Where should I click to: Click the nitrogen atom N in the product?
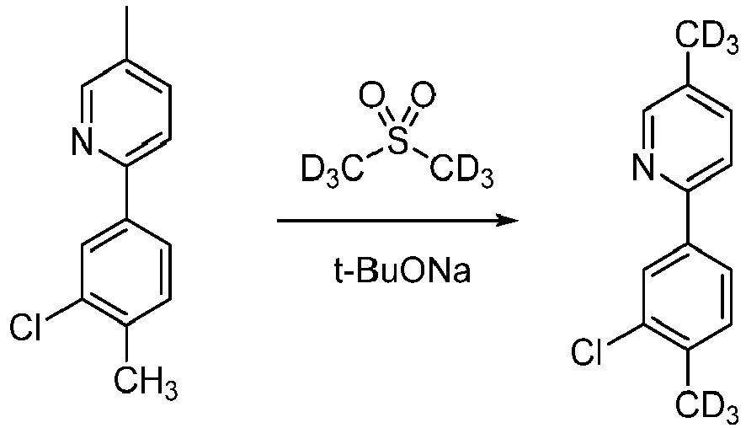(x=645, y=168)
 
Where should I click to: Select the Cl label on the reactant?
(x=26, y=328)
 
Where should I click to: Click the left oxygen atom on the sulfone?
(x=371, y=95)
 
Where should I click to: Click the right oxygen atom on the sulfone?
(x=423, y=95)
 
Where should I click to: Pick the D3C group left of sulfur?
(x=333, y=170)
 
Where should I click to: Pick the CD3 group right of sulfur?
(x=461, y=170)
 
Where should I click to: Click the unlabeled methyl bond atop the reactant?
(x=126, y=34)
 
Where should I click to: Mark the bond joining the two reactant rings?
(x=126, y=192)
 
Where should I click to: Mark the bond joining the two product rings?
(x=688, y=217)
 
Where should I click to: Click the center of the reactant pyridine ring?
(x=126, y=113)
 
